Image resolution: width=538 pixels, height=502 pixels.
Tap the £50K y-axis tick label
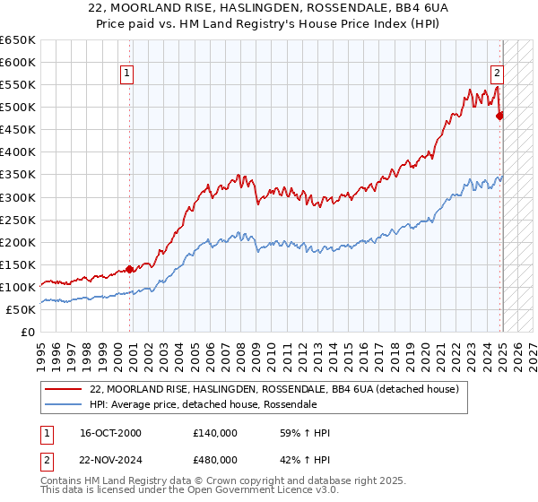(x=22, y=309)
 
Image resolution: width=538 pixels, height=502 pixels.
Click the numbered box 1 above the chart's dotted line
(x=127, y=74)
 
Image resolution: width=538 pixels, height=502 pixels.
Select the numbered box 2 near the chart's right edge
(x=496, y=74)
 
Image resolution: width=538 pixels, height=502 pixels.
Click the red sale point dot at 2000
(x=130, y=269)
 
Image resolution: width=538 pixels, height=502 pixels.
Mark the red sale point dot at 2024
(x=500, y=115)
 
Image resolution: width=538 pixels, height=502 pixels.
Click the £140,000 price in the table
(x=215, y=434)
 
